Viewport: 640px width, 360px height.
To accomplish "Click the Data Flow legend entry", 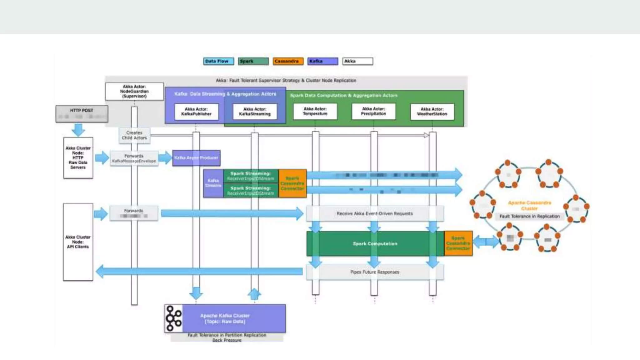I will click(x=218, y=61).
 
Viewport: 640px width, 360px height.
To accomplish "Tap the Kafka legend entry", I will click(x=322, y=61).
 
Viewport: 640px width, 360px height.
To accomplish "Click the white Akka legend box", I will click(x=357, y=61).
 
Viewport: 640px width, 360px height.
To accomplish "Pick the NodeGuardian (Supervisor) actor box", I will click(x=134, y=91).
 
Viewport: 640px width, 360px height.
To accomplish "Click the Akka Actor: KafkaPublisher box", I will click(x=196, y=112).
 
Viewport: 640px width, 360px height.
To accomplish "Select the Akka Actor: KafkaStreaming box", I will click(x=255, y=112).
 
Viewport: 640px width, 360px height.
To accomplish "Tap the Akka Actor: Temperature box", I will click(x=315, y=111).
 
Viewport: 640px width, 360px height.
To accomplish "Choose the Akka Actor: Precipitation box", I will click(x=373, y=111).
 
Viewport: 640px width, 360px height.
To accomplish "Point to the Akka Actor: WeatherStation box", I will click(x=432, y=112).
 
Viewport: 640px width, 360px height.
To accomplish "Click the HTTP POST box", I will click(x=82, y=113).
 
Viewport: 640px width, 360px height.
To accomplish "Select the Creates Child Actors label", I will click(x=134, y=135).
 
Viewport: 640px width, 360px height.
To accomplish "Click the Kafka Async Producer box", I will click(x=196, y=158).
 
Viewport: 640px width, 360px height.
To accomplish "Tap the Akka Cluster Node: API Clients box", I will click(x=78, y=242).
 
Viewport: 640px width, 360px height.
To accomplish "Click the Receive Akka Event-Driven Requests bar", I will click(x=375, y=213).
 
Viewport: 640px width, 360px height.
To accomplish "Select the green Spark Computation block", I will click(x=375, y=243).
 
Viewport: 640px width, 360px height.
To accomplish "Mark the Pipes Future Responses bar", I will click(x=375, y=272).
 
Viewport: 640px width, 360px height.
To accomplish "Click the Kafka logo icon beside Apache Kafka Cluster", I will click(x=174, y=318).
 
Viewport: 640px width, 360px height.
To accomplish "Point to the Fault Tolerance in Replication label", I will click(x=529, y=216).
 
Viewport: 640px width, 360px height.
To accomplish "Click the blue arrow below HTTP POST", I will click(x=78, y=129).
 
